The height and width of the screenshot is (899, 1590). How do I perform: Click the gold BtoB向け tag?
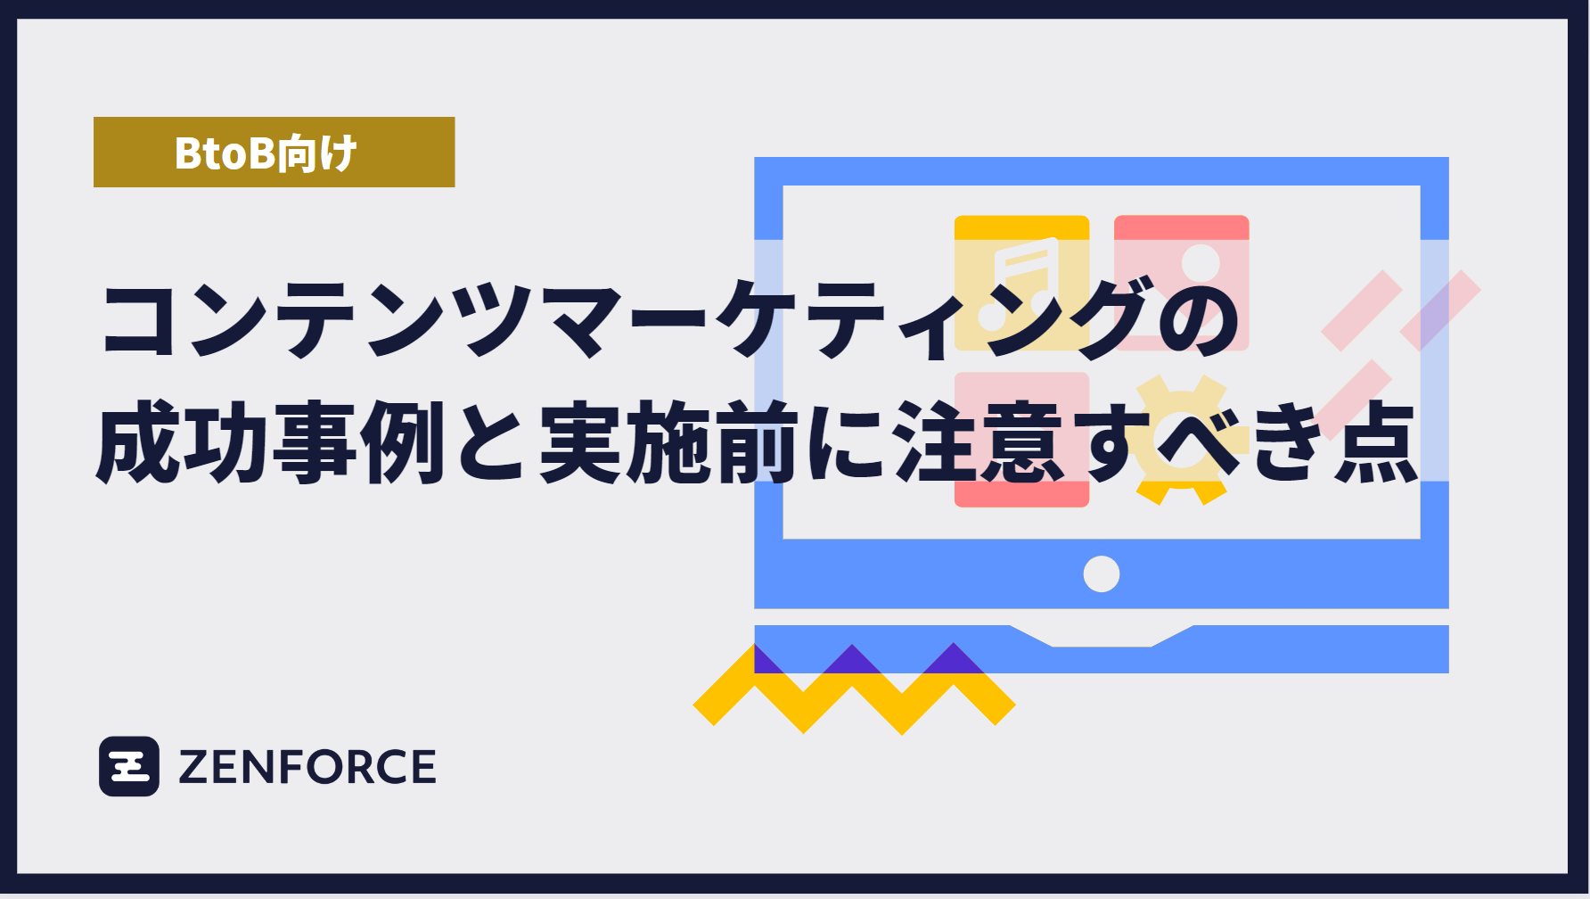click(x=274, y=152)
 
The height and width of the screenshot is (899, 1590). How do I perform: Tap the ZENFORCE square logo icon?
click(x=129, y=766)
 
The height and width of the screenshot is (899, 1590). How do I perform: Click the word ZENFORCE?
click(x=307, y=767)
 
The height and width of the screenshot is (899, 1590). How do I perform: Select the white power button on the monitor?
click(x=1101, y=573)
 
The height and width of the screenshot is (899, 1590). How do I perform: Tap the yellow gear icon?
click(x=1180, y=441)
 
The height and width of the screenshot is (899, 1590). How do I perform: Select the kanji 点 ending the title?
click(x=1374, y=441)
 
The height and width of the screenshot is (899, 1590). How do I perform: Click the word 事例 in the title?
click(x=358, y=441)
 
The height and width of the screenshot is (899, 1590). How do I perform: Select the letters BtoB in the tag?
click(x=224, y=153)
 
